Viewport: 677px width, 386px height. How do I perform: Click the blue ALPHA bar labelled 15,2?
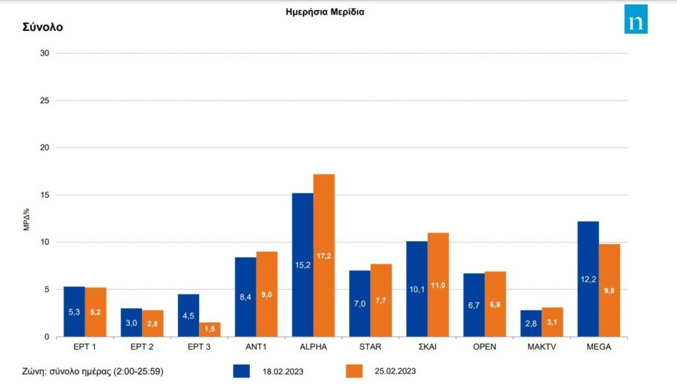click(303, 264)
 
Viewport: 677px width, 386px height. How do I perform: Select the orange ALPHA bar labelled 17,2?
click(324, 255)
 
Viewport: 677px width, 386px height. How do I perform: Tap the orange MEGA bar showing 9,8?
click(610, 290)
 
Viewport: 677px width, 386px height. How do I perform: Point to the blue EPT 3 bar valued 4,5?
click(188, 315)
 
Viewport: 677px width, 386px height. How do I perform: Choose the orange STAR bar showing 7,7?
click(381, 300)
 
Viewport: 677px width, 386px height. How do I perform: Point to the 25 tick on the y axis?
click(46, 100)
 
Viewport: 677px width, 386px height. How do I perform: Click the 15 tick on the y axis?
click(46, 195)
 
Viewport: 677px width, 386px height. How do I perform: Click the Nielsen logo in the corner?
click(636, 19)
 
